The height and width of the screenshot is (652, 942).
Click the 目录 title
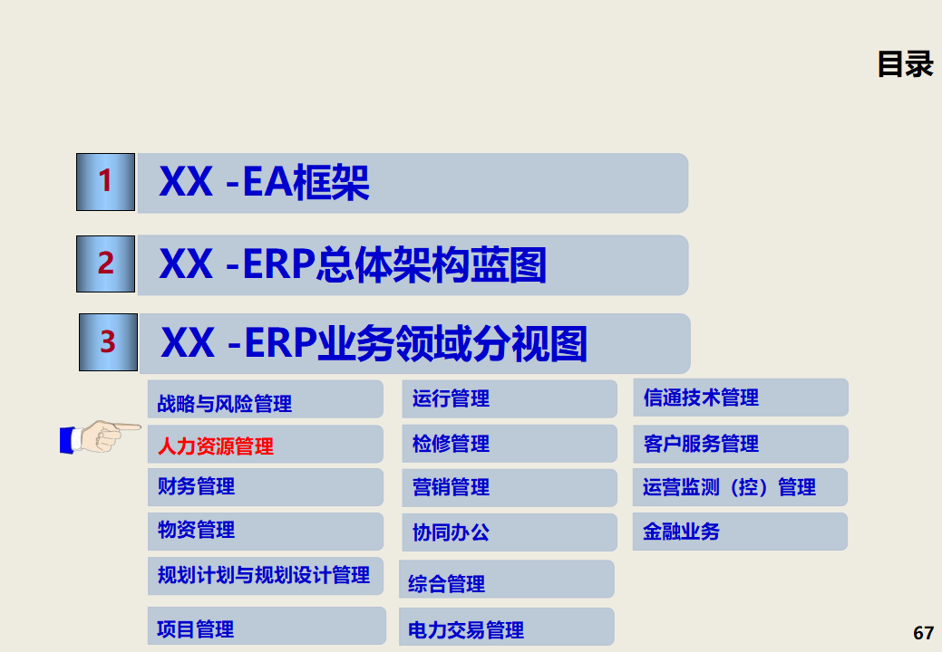pos(905,64)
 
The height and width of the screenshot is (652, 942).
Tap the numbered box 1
pos(106,181)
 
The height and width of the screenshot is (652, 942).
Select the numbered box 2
pos(106,264)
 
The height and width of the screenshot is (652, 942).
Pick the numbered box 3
pos(108,342)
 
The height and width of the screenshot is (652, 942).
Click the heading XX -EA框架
pos(264,183)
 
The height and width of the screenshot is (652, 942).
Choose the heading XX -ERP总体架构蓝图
pos(353,265)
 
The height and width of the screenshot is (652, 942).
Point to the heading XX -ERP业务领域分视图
pos(374,344)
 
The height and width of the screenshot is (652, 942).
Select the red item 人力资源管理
pos(216,446)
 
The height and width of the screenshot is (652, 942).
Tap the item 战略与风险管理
pos(225,403)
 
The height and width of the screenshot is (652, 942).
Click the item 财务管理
pos(197,486)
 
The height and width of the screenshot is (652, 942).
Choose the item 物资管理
pos(197,530)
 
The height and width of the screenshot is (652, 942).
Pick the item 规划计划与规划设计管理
pos(264,575)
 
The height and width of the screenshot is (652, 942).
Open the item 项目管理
pos(196,628)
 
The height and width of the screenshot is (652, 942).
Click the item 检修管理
pos(451,444)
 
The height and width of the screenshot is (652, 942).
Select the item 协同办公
pos(451,532)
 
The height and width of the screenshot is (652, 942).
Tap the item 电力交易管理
pos(466,629)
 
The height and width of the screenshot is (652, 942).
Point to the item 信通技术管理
pos(701,398)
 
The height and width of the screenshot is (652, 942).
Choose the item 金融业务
pos(681,532)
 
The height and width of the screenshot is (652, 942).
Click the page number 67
pos(923,633)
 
